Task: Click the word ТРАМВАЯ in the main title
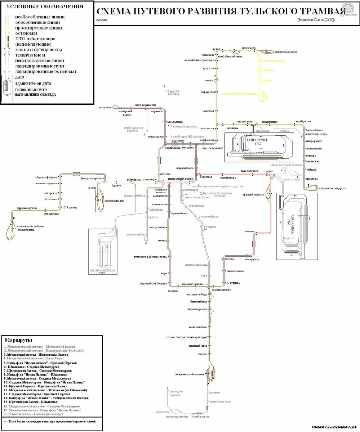pyautogui.click(x=316, y=11)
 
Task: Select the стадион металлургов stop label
pyautogui.click(x=333, y=188)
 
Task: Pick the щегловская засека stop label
pyautogui.click(x=285, y=52)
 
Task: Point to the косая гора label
pyautogui.click(x=162, y=412)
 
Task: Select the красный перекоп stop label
pyautogui.click(x=253, y=194)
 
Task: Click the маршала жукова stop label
pyautogui.click(x=27, y=208)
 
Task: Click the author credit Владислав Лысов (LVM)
pyautogui.click(x=316, y=20)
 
